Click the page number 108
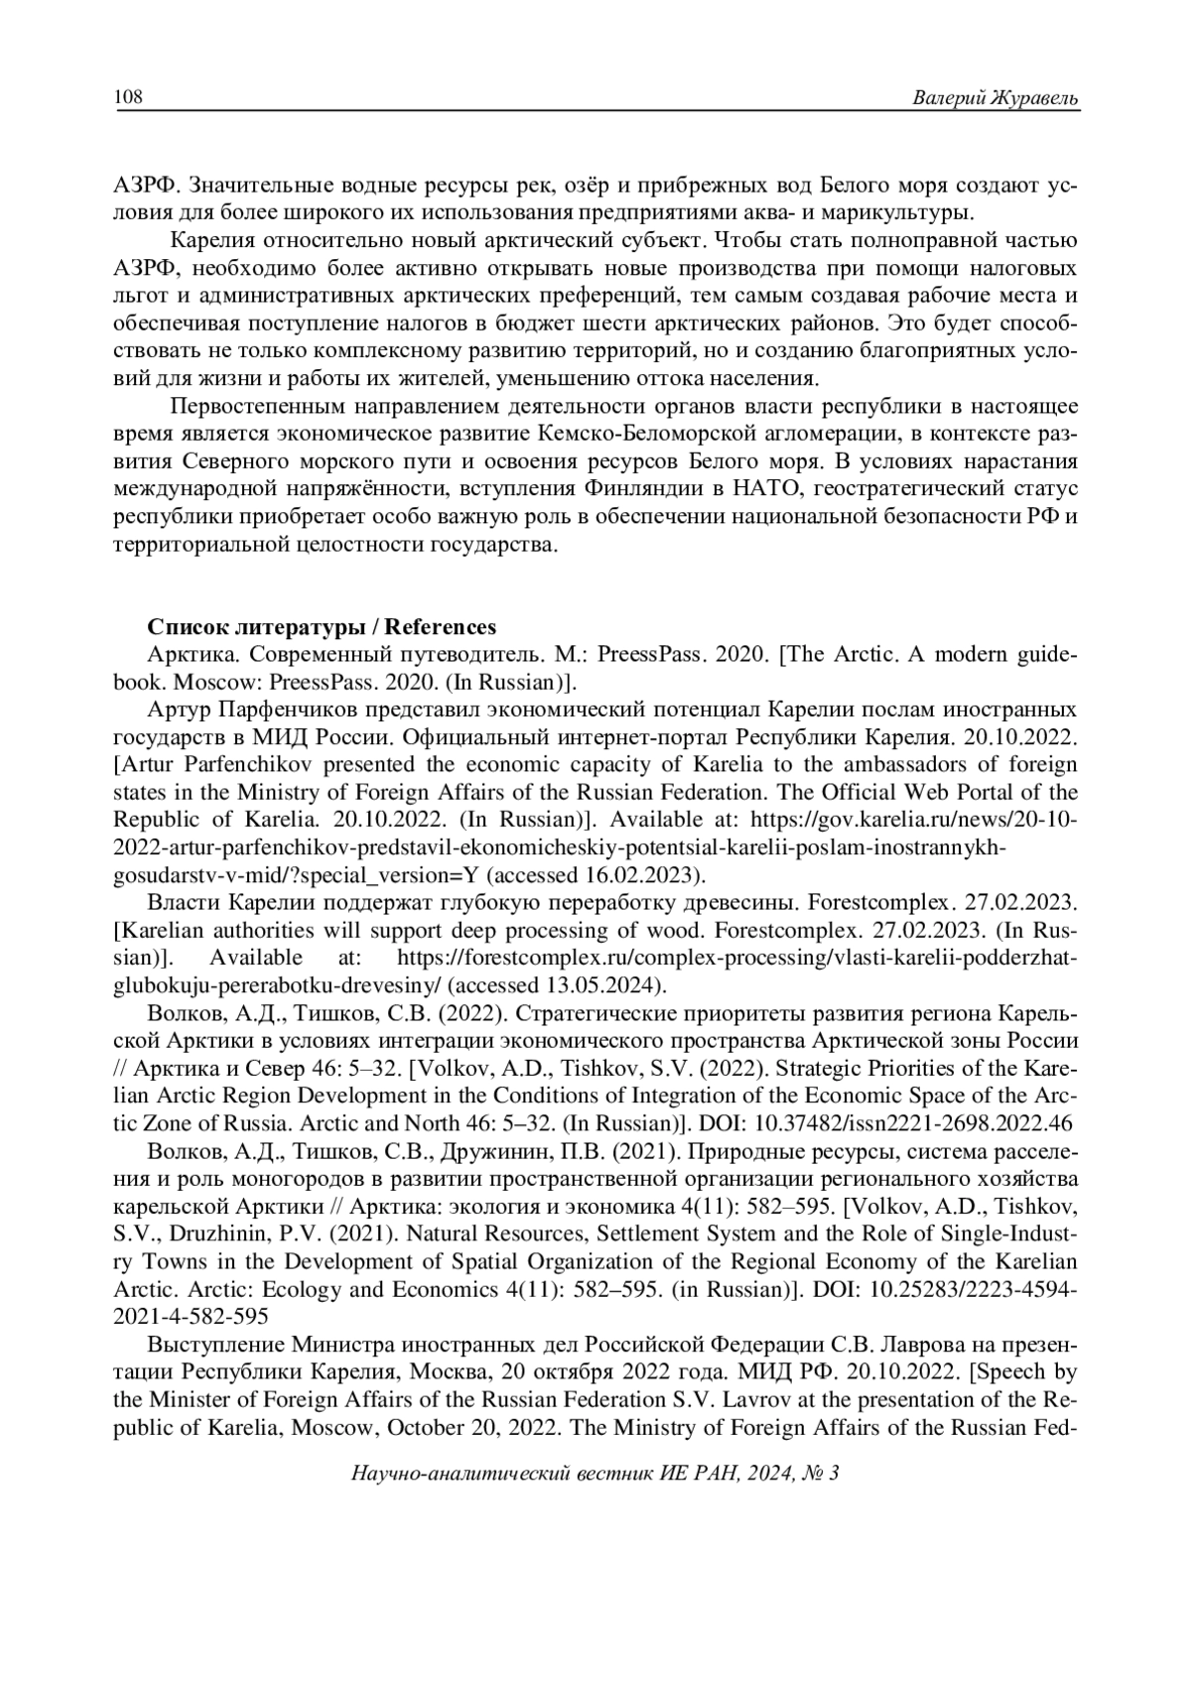pyautogui.click(x=129, y=97)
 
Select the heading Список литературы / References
pyautogui.click(x=322, y=627)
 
